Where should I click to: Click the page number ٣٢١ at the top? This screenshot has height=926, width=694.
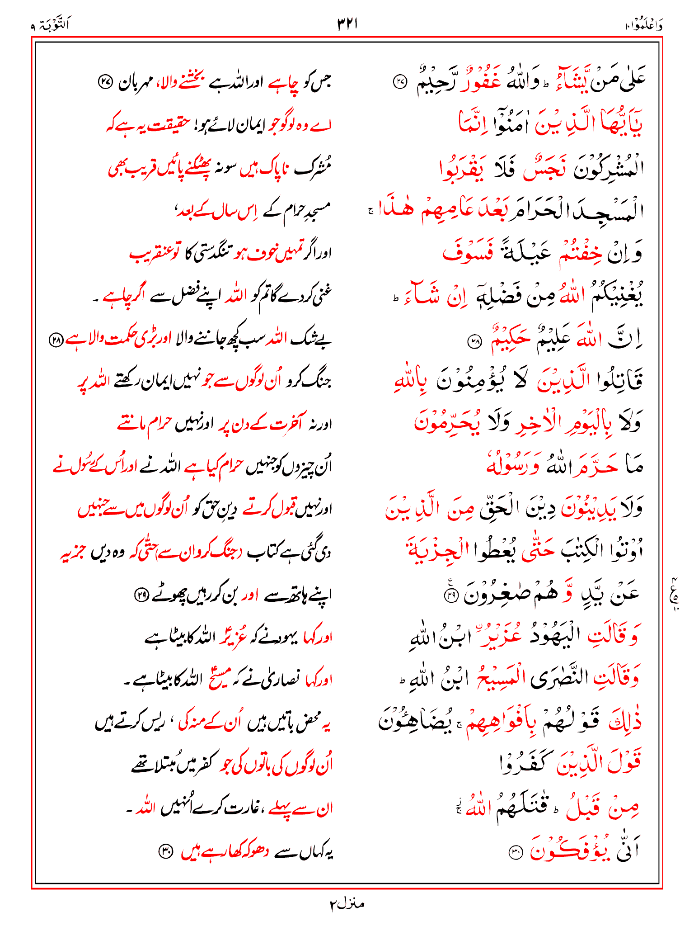347,24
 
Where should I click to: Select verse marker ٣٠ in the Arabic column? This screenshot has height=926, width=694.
515,853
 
